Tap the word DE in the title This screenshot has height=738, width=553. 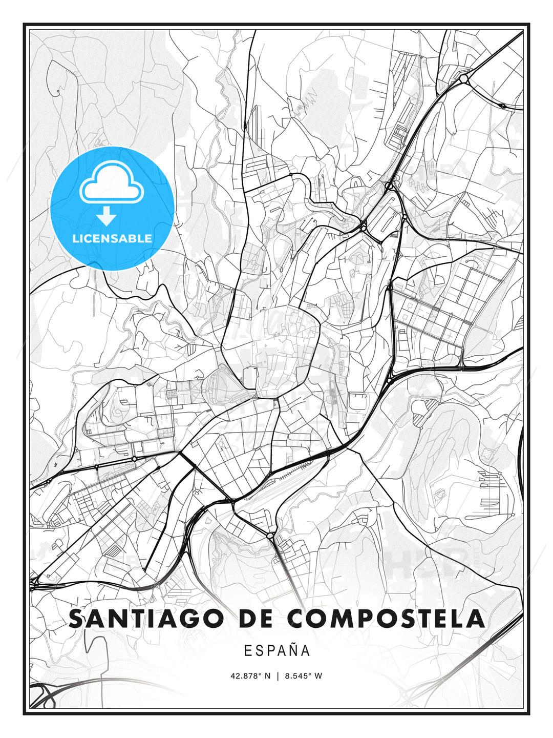[255, 619]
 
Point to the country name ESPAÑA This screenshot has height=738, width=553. [277, 651]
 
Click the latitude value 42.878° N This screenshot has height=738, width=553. [250, 676]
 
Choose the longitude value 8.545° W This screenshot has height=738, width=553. [303, 676]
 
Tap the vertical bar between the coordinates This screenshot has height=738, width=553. [277, 676]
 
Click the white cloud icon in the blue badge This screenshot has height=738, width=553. [112, 181]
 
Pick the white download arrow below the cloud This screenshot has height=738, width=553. [107, 216]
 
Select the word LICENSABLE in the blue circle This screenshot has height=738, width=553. [112, 238]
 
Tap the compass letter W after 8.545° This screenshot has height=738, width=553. [318, 676]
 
